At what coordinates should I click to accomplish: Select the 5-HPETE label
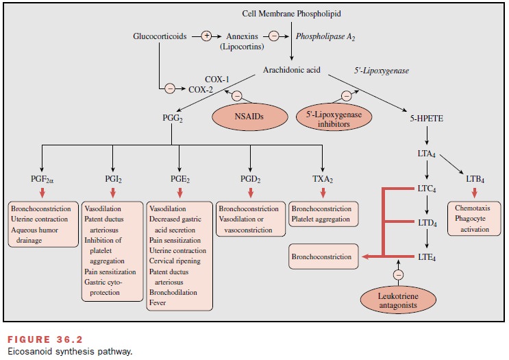pos(426,117)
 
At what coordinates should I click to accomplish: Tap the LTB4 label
pos(475,178)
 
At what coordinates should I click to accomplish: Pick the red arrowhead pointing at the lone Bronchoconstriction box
pos(364,257)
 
